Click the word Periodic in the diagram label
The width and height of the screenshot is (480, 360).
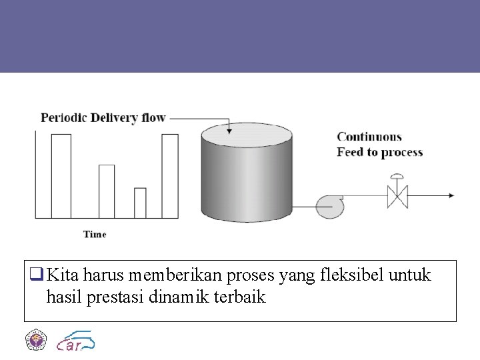coord(63,119)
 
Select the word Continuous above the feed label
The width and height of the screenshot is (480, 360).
coord(369,137)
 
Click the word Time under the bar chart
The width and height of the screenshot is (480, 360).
coord(95,234)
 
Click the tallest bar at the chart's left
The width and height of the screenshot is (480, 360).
coord(61,176)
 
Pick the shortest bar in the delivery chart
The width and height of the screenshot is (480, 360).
coord(140,203)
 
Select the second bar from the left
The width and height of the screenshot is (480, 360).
coord(107,191)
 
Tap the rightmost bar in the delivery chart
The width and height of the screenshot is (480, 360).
coord(170,176)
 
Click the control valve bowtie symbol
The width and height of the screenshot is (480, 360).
coord(397,196)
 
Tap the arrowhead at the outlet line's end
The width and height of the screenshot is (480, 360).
coord(451,196)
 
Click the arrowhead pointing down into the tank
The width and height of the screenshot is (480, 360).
coord(230,131)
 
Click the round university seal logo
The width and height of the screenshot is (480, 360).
coord(35,340)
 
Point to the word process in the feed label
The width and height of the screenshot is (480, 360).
coord(401,153)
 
